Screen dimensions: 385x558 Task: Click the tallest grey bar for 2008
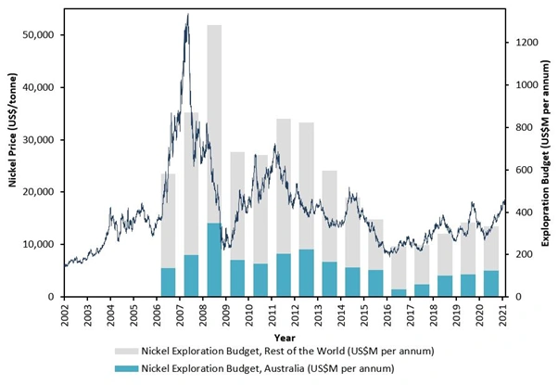214,121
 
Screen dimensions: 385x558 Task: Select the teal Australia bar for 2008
214,260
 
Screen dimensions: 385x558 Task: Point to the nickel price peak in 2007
187,16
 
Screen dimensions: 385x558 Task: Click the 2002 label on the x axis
65,313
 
